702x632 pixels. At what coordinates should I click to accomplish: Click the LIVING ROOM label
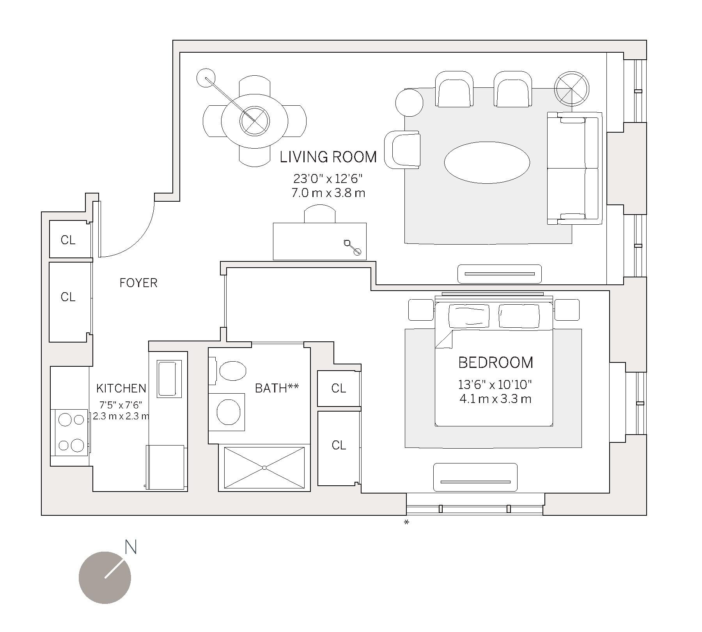[328, 157]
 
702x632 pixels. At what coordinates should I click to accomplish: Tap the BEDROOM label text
[495, 363]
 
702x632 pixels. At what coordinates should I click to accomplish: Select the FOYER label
[138, 283]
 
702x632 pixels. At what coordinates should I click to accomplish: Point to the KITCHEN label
[121, 388]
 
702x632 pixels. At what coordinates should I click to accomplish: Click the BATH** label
[277, 388]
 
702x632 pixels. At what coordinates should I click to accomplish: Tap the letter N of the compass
[131, 547]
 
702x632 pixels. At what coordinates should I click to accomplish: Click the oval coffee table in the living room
[487, 162]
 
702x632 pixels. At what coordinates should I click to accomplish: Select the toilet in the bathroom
[232, 371]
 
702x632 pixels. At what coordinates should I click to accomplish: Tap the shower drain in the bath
[264, 467]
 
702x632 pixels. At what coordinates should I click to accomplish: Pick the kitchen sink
[169, 378]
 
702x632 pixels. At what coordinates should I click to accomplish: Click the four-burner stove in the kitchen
[71, 432]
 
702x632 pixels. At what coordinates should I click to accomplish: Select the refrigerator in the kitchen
[165, 467]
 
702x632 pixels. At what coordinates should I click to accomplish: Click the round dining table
[255, 121]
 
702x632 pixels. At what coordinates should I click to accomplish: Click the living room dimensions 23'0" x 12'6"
[328, 179]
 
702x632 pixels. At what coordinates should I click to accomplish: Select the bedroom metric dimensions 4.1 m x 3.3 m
[495, 399]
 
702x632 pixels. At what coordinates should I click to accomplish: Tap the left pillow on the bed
[469, 316]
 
